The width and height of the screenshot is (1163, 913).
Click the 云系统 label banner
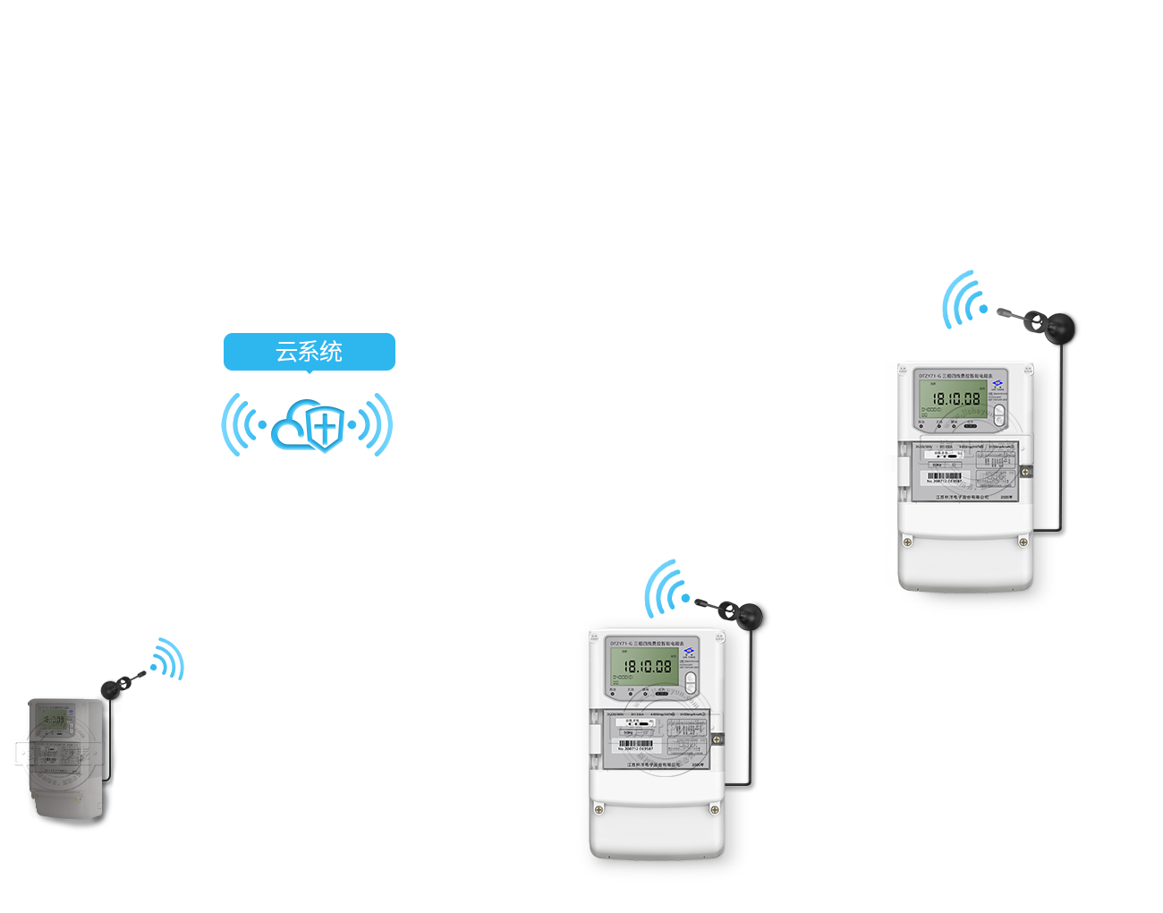coord(309,353)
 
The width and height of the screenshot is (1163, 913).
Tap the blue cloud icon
coord(308,426)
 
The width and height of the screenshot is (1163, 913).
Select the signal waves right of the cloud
coord(374,424)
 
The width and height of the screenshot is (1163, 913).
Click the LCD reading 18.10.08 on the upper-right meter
coord(955,399)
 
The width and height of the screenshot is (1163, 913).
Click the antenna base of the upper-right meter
coord(1064,327)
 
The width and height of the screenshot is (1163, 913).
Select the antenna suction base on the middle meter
coord(748,615)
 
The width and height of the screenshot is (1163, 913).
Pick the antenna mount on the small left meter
coord(111,689)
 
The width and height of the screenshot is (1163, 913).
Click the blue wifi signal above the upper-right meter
coord(963,301)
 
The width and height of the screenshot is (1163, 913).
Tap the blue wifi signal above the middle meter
coord(666,588)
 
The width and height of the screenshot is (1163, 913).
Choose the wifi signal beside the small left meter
coord(167,660)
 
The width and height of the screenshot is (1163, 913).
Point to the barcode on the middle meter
coord(636,745)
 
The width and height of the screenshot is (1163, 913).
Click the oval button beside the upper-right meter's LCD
coord(999,414)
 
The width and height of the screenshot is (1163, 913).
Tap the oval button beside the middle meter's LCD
coord(691,682)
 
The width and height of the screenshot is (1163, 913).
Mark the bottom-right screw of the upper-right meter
coord(1023,542)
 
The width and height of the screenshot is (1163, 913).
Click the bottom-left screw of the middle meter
coord(599,809)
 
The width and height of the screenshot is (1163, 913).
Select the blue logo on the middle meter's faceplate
coord(689,652)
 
